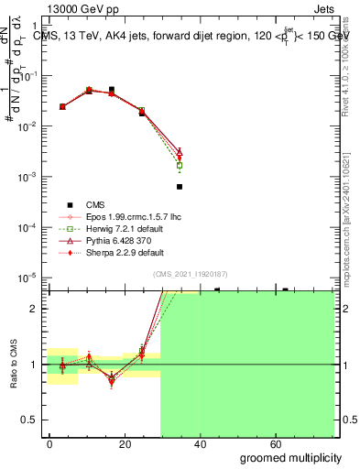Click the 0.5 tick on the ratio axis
pos(31,420)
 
